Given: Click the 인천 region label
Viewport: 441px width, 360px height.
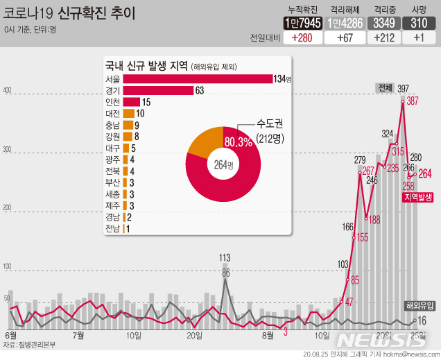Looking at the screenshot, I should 112,102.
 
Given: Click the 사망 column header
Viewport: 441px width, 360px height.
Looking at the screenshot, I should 419,8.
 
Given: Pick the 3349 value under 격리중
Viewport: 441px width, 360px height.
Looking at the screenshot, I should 384,23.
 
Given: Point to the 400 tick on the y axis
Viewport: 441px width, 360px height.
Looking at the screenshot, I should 8,91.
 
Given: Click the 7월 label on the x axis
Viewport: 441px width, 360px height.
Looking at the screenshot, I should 78,336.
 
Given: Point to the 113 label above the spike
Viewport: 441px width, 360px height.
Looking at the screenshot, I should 225,258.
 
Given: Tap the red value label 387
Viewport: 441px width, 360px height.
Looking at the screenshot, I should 413,101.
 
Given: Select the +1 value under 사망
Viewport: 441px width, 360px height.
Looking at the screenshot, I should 419,37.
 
